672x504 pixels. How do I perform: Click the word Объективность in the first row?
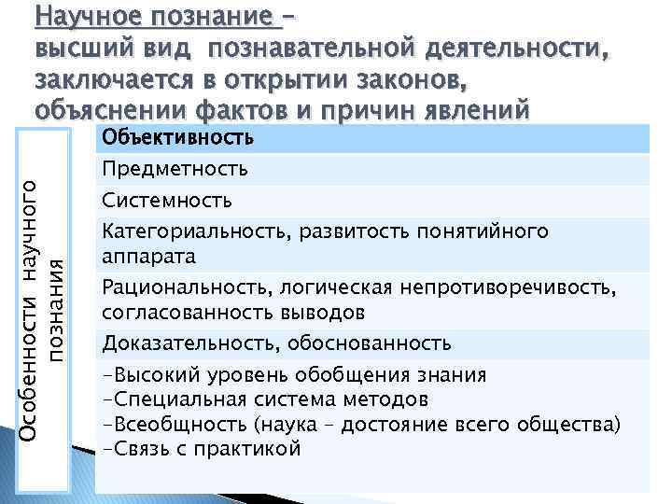tap(177, 140)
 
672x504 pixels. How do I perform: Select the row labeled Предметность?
tap(175, 169)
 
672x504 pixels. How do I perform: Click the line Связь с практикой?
tap(201, 449)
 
